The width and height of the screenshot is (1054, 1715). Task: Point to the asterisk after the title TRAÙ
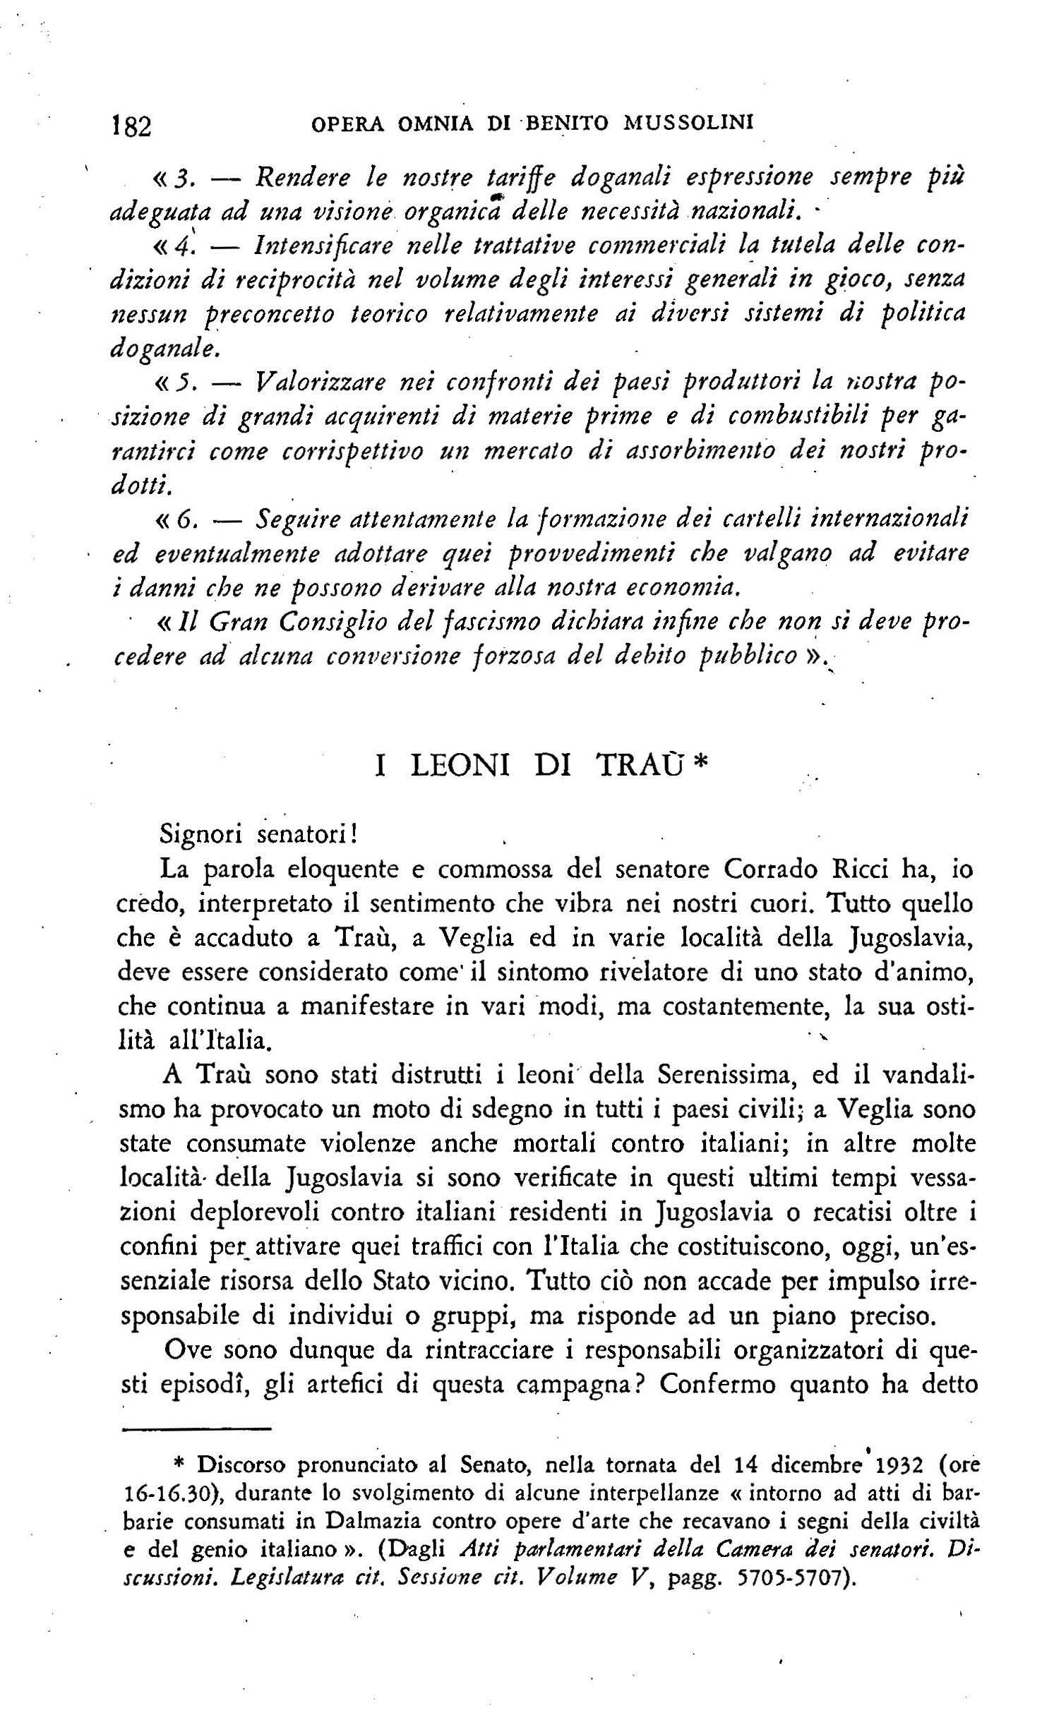coord(700,764)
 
